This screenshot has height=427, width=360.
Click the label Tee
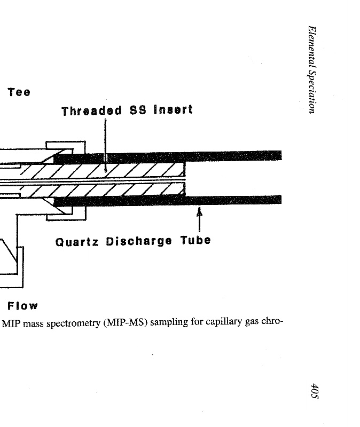(19, 92)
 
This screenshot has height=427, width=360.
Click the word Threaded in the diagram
(91, 112)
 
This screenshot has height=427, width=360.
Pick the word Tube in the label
(195, 240)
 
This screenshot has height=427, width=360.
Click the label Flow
(22, 306)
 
